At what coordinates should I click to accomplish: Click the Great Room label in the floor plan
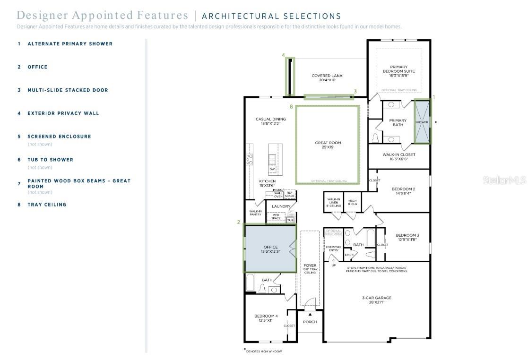[328, 145]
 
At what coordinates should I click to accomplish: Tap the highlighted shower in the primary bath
[422, 121]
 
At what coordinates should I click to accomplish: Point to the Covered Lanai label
[328, 77]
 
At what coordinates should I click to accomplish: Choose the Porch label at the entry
[310, 322]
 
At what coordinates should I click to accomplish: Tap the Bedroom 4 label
[266, 318]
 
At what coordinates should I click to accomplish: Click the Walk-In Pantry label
[256, 213]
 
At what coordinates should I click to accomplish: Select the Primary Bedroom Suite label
[398, 71]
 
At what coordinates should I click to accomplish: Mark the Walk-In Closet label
[398, 156]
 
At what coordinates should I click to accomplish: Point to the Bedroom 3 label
[407, 237]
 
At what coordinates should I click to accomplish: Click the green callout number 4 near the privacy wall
[284, 55]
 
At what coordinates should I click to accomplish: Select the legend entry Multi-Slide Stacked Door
[68, 90]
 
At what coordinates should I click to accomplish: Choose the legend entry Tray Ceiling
[47, 205]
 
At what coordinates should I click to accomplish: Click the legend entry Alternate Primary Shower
[70, 43]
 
